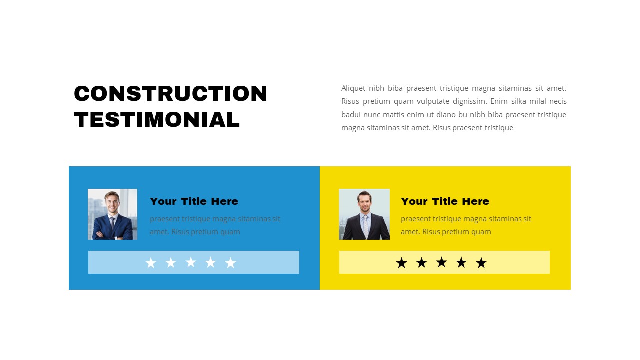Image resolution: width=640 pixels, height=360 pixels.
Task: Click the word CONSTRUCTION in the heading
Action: click(x=171, y=94)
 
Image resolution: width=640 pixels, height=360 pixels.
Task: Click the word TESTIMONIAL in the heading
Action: click(x=157, y=120)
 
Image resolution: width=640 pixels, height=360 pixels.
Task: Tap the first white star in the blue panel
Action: click(x=151, y=263)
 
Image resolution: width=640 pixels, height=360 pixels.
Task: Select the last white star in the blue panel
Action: click(x=230, y=263)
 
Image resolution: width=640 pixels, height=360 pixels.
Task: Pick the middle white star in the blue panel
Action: click(x=191, y=262)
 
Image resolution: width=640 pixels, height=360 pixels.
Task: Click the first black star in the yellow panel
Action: click(x=401, y=263)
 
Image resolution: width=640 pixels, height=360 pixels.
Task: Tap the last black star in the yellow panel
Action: click(x=481, y=263)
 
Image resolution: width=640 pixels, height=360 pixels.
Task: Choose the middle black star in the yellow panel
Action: click(x=441, y=262)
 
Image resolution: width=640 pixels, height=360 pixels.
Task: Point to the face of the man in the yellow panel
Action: click(x=364, y=201)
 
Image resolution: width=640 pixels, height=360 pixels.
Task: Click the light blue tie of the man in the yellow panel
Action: click(x=366, y=226)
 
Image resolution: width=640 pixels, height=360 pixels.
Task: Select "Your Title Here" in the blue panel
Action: click(x=194, y=201)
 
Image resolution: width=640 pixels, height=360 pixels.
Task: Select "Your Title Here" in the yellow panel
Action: click(x=445, y=201)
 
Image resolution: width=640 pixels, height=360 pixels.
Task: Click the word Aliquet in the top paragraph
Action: click(x=353, y=88)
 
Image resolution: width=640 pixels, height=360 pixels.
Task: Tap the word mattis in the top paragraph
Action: click(x=394, y=115)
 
